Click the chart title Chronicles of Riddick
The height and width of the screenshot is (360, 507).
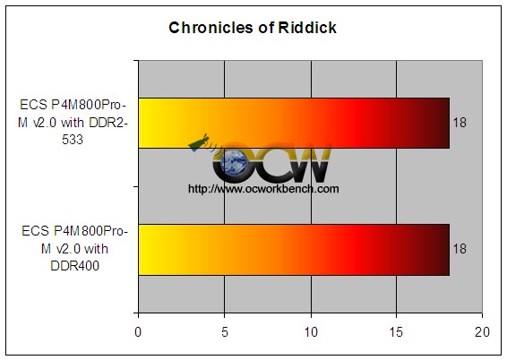(253, 28)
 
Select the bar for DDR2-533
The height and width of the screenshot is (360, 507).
(294, 123)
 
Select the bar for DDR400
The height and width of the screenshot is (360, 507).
(294, 250)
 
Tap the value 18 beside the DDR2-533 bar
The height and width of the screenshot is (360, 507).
(460, 123)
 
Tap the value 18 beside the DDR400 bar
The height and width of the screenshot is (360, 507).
(460, 249)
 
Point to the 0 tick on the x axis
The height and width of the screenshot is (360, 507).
(138, 332)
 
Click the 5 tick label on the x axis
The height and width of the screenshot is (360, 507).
(225, 332)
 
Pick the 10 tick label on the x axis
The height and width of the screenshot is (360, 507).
(311, 332)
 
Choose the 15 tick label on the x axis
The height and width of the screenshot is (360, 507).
(397, 332)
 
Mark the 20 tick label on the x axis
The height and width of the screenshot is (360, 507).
(482, 332)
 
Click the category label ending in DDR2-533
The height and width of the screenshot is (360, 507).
(73, 123)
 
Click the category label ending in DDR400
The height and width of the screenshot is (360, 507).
(74, 249)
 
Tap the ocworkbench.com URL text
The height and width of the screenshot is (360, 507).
(263, 188)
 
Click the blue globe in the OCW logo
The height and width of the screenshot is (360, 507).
(234, 163)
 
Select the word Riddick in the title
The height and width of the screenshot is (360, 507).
(307, 28)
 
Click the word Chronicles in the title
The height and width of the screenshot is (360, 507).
(211, 28)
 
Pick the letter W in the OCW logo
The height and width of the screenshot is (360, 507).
(311, 163)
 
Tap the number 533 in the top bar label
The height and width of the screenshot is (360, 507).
(73, 140)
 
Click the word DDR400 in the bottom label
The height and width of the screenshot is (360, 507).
(74, 266)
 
